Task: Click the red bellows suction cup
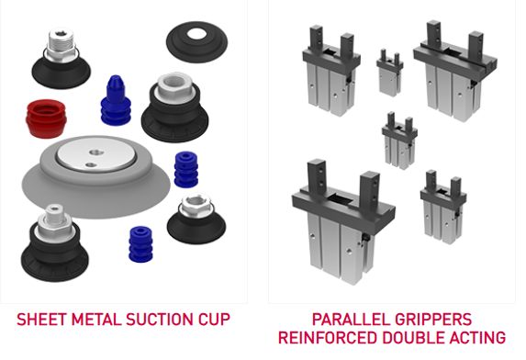tap(46, 118)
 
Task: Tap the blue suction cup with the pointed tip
tap(116, 100)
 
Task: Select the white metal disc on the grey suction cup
tap(96, 154)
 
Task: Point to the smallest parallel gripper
tap(389, 73)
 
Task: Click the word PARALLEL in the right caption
tap(349, 319)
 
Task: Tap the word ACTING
tap(477, 338)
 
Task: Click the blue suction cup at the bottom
tap(140, 244)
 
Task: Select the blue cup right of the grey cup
tap(185, 169)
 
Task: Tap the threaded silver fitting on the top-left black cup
tap(62, 45)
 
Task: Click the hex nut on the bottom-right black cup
tap(196, 205)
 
